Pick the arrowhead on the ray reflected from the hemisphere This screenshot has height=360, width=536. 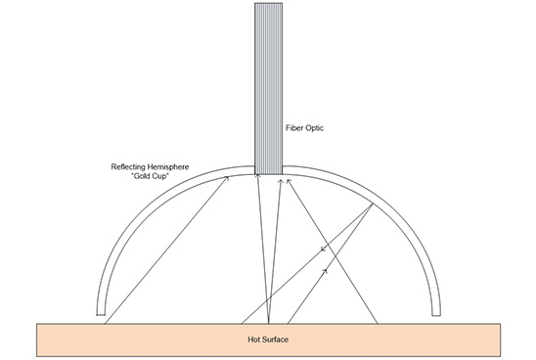[x=323, y=249]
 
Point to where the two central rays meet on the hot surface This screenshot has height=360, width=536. [x=268, y=322]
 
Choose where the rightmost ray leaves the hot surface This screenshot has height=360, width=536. [x=376, y=322]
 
